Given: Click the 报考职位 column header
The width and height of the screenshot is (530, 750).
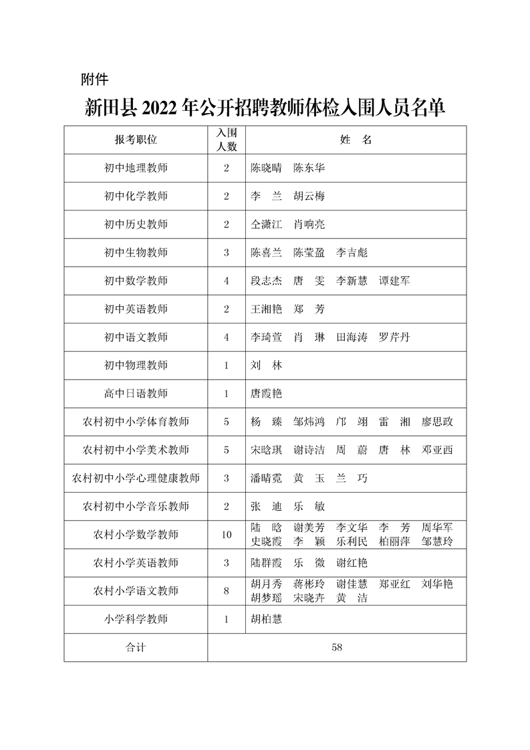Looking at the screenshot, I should pos(136,140).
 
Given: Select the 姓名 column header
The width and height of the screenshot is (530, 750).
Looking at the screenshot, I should pos(356,140).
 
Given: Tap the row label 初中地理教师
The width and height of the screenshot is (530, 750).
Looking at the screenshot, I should pos(136,168).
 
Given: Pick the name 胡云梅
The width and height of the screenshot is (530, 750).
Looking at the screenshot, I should pos(309,197).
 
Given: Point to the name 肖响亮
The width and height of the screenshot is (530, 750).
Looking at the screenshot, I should pos(309,225).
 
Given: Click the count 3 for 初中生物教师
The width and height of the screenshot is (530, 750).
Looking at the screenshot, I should pos(227,253).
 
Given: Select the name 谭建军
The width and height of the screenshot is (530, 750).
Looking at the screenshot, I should pos(394,281).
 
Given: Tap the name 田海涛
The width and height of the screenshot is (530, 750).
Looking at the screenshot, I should pos(352,337).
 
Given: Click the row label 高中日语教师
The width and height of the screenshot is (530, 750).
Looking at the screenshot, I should pos(136,394).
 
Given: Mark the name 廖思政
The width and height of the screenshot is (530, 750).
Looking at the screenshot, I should pos(437,422).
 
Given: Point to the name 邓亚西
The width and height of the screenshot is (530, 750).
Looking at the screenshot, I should pos(437,450).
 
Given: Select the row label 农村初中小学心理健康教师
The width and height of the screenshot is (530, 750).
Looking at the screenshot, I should pos(136,478).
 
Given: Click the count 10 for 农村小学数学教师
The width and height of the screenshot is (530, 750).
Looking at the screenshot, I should pos(227,534).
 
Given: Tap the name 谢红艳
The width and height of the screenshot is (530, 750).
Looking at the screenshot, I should pos(352,563).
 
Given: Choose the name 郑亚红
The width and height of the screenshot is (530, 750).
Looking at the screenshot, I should pos(394,584).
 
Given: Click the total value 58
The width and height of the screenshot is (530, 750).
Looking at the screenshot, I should pos(337,647).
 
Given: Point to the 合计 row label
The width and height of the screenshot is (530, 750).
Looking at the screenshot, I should pos(136,647).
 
